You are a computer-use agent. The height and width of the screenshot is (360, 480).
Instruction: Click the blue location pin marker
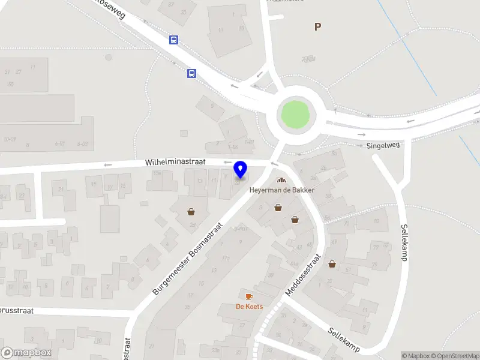pos(241,169)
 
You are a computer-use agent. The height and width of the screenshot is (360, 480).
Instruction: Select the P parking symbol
pos(317,26)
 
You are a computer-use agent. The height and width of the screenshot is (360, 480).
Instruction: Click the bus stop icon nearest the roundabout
pos(191,74)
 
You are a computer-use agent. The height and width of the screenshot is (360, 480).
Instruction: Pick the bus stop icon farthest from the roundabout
pos(173,40)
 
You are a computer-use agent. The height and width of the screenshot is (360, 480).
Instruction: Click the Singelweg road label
pos(382,145)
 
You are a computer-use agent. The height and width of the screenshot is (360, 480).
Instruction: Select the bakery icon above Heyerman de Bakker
pos(280,181)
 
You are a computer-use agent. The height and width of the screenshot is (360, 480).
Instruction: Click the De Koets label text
pos(249,307)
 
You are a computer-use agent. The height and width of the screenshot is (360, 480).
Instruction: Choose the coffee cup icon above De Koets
pos(249,296)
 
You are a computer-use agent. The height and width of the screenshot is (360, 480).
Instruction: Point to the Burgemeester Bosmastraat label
pos(188,258)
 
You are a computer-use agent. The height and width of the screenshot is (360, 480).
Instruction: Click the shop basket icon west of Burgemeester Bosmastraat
pos(191,211)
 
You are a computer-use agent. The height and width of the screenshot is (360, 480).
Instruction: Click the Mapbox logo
pos(26,353)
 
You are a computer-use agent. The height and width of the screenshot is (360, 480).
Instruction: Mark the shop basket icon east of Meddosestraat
pos(332,263)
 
